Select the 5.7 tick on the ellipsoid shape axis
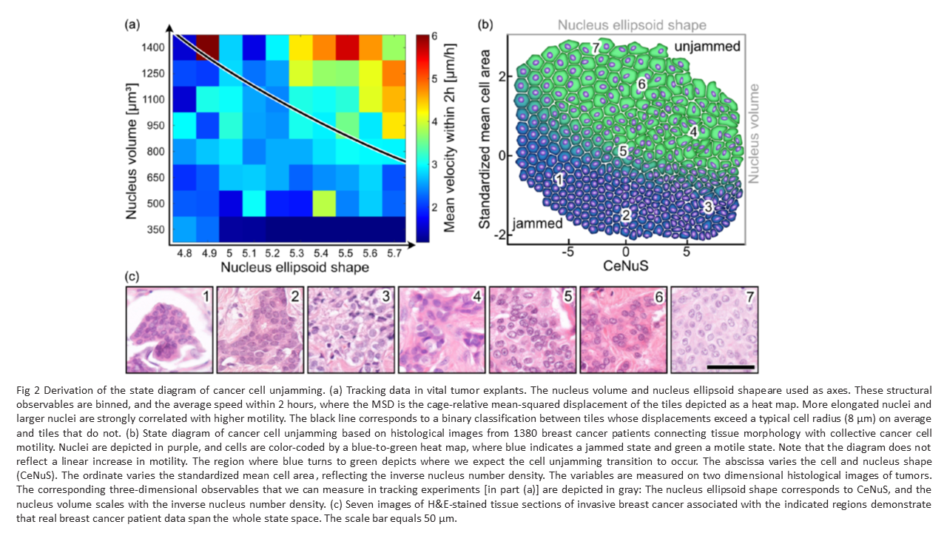click(x=393, y=252)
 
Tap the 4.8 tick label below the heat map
click(x=183, y=252)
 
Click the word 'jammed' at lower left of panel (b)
click(x=537, y=222)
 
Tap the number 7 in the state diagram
click(x=596, y=48)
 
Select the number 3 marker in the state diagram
click(x=708, y=207)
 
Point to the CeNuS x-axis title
click(x=626, y=264)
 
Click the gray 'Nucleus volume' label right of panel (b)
click(x=754, y=133)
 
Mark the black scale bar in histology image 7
click(x=729, y=366)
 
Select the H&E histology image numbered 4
click(x=442, y=329)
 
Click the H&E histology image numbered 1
click(x=169, y=329)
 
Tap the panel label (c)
click(x=132, y=277)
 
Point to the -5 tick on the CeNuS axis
click(x=567, y=252)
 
